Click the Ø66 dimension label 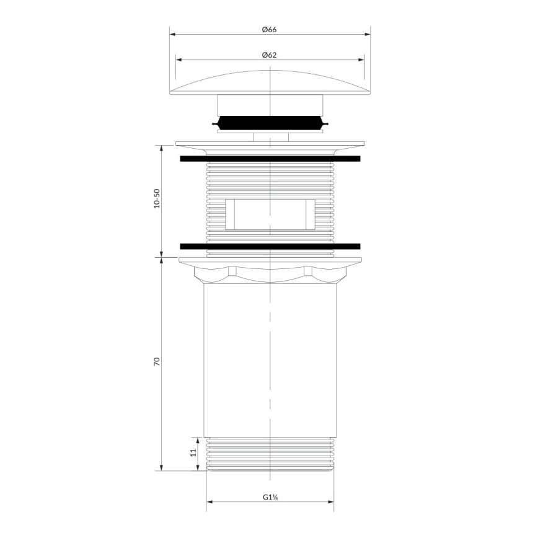coord(268,29)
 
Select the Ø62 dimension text coord(268,55)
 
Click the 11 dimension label coord(193,453)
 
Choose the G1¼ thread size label coord(269,497)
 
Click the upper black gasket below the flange coord(270,159)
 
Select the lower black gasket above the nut coord(270,246)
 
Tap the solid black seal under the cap coord(270,123)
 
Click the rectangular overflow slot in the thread coord(270,214)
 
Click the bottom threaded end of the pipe coord(270,454)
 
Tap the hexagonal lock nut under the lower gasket coord(270,273)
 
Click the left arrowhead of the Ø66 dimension coord(172,35)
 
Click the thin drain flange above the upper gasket coord(270,144)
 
